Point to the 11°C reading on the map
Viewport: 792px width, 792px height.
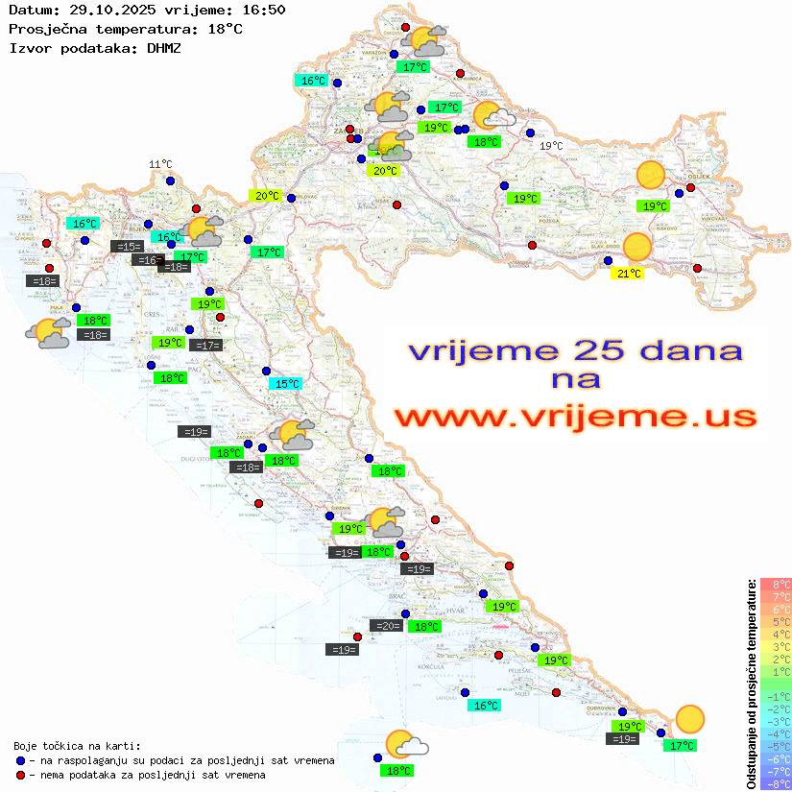click(160, 165)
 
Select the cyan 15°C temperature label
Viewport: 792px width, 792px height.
click(286, 384)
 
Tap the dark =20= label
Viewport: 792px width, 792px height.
click(388, 626)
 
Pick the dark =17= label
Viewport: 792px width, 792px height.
click(206, 345)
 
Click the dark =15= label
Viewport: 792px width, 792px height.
click(127, 247)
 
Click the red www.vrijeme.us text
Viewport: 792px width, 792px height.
click(575, 417)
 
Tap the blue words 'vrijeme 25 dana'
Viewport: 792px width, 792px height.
click(575, 350)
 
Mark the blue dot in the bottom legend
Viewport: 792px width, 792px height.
click(22, 760)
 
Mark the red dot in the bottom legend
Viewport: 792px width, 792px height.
click(22, 775)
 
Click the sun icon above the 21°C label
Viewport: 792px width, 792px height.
click(636, 248)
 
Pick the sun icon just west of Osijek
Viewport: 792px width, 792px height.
click(651, 176)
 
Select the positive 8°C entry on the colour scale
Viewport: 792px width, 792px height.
click(776, 585)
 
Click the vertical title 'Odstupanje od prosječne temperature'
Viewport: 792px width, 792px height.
click(751, 684)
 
